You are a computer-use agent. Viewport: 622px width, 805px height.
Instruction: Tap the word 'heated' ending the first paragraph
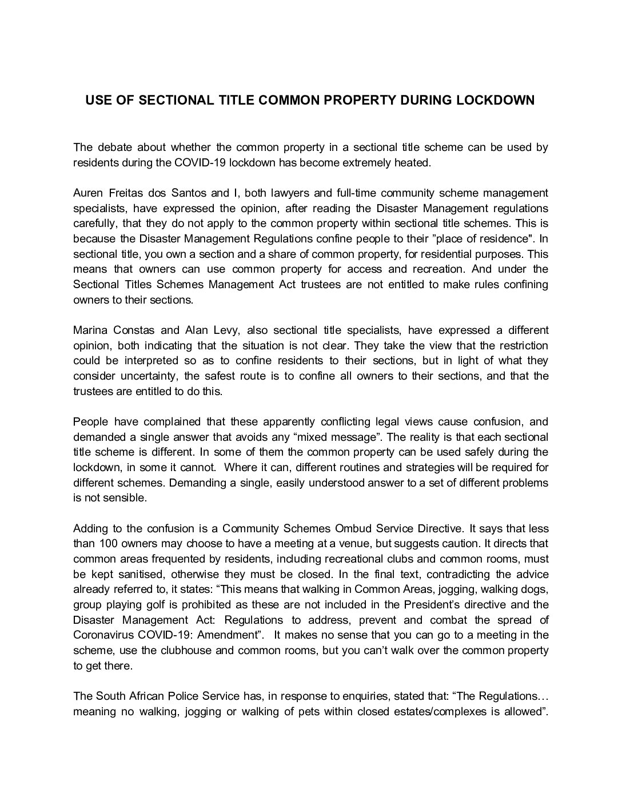tap(410, 162)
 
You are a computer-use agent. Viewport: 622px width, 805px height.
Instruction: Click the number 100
tap(109, 544)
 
